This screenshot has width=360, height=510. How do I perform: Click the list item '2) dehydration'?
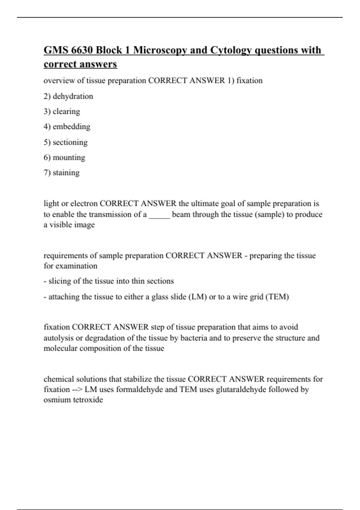(x=68, y=96)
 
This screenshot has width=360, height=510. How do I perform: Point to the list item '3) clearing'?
(x=62, y=112)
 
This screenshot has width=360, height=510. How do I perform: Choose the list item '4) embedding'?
(x=67, y=127)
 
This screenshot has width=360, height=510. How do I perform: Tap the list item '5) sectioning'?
(x=66, y=142)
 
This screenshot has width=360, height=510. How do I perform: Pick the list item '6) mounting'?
(x=64, y=157)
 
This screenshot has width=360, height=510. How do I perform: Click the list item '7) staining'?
(x=62, y=173)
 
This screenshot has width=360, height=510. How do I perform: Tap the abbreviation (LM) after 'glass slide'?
(x=197, y=297)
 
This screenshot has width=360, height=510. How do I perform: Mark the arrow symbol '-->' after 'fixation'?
(x=77, y=390)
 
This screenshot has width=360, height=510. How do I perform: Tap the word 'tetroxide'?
(x=88, y=400)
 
